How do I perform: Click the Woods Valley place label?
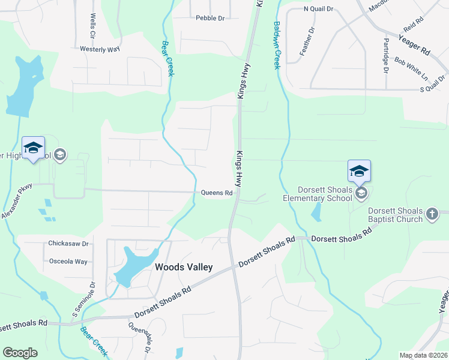184,267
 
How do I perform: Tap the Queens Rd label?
216,193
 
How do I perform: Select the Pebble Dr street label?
209,18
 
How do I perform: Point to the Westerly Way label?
100,49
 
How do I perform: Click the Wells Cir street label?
93,25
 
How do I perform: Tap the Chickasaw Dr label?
68,244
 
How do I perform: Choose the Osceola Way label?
68,261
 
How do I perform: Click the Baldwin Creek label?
277,46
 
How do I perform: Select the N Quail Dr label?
318,9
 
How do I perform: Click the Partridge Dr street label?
386,55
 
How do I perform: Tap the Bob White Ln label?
411,69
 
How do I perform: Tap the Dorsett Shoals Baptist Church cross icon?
432,214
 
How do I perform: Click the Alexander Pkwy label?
16,202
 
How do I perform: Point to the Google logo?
20,353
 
